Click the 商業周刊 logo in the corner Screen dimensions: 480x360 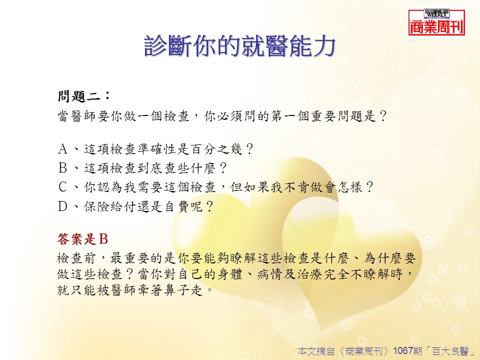[436, 22]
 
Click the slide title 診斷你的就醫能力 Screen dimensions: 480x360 [240, 46]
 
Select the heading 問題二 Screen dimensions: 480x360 [79, 96]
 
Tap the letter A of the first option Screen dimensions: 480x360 [63, 149]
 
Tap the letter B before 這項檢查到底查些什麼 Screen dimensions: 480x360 [63, 168]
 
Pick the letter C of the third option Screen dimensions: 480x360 [63, 187]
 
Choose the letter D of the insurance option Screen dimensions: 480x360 [63, 206]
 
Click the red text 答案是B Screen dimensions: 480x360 [82, 239]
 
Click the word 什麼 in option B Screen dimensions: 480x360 [202, 168]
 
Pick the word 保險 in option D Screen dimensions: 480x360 [96, 206]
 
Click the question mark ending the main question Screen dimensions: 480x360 [382, 116]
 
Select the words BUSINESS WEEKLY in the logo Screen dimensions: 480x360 [437, 13]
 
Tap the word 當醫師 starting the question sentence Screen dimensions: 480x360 [77, 116]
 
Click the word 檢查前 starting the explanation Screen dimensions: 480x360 [76, 258]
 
